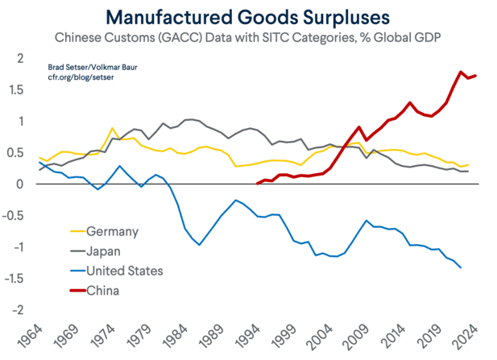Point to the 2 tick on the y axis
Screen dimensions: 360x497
tap(19, 59)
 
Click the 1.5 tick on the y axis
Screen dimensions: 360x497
tap(15, 90)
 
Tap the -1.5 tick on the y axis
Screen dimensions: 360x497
tap(13, 279)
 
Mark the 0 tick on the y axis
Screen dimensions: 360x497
tap(19, 184)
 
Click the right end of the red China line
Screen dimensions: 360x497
tap(477, 76)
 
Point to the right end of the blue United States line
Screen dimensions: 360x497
tap(461, 267)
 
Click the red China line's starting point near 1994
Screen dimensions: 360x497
tap(257, 184)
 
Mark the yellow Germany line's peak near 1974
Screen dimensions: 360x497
tap(112, 129)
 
